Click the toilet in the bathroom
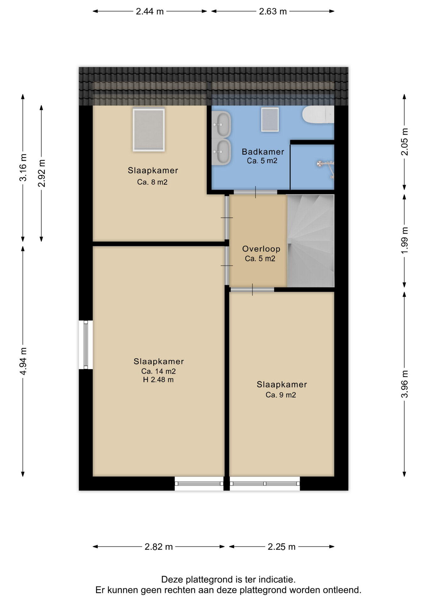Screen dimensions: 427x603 318,115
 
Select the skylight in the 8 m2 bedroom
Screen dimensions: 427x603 149,130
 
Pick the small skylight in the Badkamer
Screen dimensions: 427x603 270,119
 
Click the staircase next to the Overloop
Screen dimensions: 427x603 311,241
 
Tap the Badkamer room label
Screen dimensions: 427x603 263,152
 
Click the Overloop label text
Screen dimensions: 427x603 261,249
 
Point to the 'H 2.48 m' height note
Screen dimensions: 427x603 158,380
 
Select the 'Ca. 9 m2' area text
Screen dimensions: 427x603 281,395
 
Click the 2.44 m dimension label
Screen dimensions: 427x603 150,12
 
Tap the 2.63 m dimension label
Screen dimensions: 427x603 273,12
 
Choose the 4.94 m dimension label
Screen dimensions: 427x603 23,361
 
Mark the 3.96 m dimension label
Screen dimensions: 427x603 405,384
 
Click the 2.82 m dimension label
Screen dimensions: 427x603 159,547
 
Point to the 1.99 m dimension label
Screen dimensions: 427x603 405,241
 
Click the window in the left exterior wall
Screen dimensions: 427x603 86,345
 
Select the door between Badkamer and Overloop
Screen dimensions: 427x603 255,192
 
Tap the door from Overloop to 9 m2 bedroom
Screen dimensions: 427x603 252,290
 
